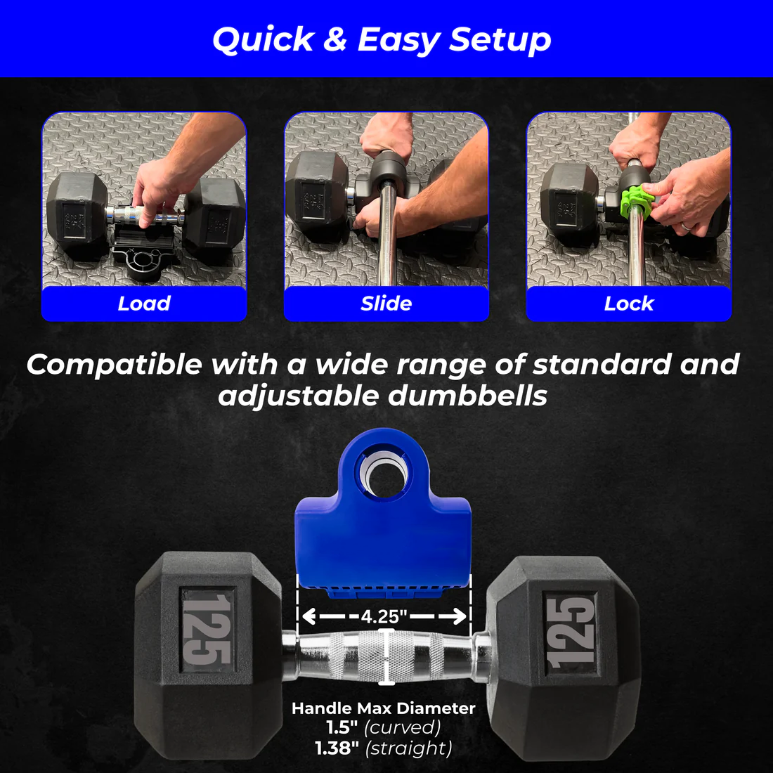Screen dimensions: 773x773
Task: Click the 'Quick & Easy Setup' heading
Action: pyautogui.click(x=382, y=39)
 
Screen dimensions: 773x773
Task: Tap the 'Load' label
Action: pyautogui.click(x=144, y=304)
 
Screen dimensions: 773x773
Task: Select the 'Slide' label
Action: pyautogui.click(x=386, y=304)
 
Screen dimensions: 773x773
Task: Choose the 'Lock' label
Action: pyautogui.click(x=628, y=304)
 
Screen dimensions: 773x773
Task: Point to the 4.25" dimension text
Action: pyautogui.click(x=384, y=617)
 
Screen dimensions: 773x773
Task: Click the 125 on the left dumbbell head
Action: pyautogui.click(x=207, y=629)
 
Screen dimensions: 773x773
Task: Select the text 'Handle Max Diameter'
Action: pyautogui.click(x=384, y=708)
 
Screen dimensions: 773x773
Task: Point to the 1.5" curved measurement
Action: pyautogui.click(x=384, y=727)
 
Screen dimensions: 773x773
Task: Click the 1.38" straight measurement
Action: pyautogui.click(x=384, y=748)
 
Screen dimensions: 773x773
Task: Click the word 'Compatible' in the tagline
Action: pyautogui.click(x=114, y=365)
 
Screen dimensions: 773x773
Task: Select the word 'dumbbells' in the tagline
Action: pyautogui.click(x=468, y=396)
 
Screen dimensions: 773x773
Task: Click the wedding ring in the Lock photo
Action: pyautogui.click(x=684, y=226)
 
